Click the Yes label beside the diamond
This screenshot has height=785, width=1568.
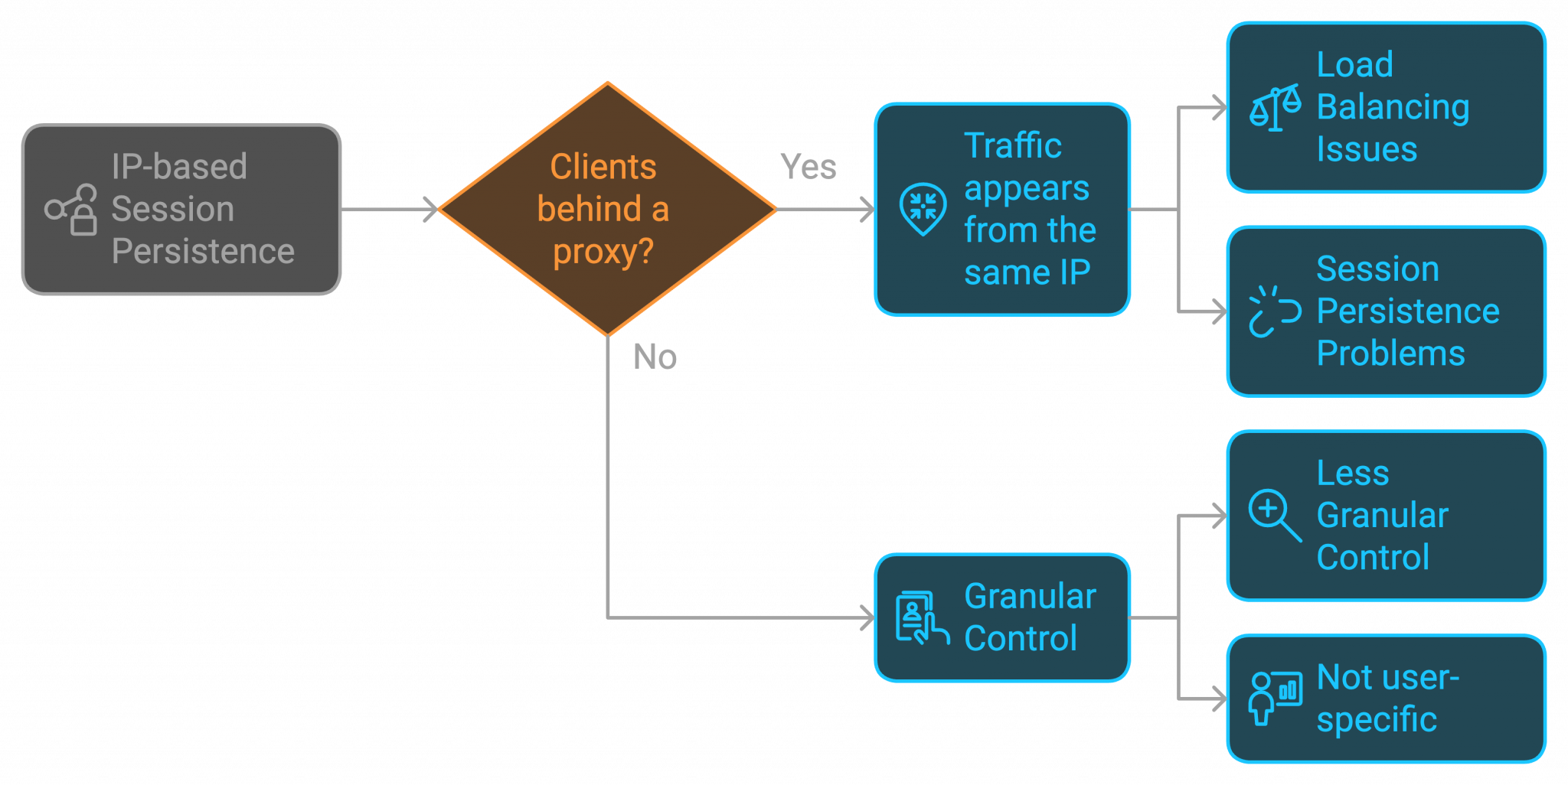pyautogui.click(x=808, y=167)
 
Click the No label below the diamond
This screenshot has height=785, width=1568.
pyautogui.click(x=655, y=357)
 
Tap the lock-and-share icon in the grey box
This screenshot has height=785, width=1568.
pyautogui.click(x=71, y=209)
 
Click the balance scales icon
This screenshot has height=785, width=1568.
pyautogui.click(x=1275, y=108)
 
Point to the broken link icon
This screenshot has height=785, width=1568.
pyautogui.click(x=1275, y=311)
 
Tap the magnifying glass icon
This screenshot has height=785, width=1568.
pyautogui.click(x=1275, y=515)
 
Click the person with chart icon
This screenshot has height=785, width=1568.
pyautogui.click(x=1275, y=697)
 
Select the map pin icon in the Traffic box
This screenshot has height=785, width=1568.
pyautogui.click(x=923, y=208)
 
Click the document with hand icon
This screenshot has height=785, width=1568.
pyautogui.click(x=922, y=617)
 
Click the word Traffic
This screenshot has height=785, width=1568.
pyautogui.click(x=1012, y=145)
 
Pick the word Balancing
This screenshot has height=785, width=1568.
pyautogui.click(x=1393, y=107)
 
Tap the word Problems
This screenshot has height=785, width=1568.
pyautogui.click(x=1390, y=353)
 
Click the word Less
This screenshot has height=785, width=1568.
pyautogui.click(x=1352, y=473)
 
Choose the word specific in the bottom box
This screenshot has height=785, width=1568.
pyautogui.click(x=1377, y=720)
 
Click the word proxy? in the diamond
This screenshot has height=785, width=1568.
pyautogui.click(x=603, y=252)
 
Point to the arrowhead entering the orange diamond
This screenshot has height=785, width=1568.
pyautogui.click(x=431, y=209)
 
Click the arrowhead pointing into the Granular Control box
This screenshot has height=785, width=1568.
pyautogui.click(x=867, y=617)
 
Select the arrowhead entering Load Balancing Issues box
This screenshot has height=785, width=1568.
pyautogui.click(x=1220, y=108)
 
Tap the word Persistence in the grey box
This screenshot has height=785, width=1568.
pyautogui.click(x=203, y=252)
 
